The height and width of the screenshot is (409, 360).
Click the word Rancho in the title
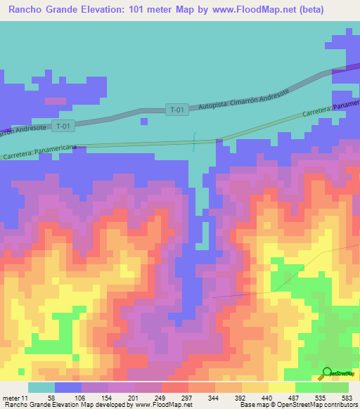pos(28,10)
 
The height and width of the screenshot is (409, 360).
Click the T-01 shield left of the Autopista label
pos(177,110)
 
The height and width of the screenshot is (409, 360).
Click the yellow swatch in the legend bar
pos(281,387)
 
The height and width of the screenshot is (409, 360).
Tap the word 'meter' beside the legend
pos(10,397)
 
